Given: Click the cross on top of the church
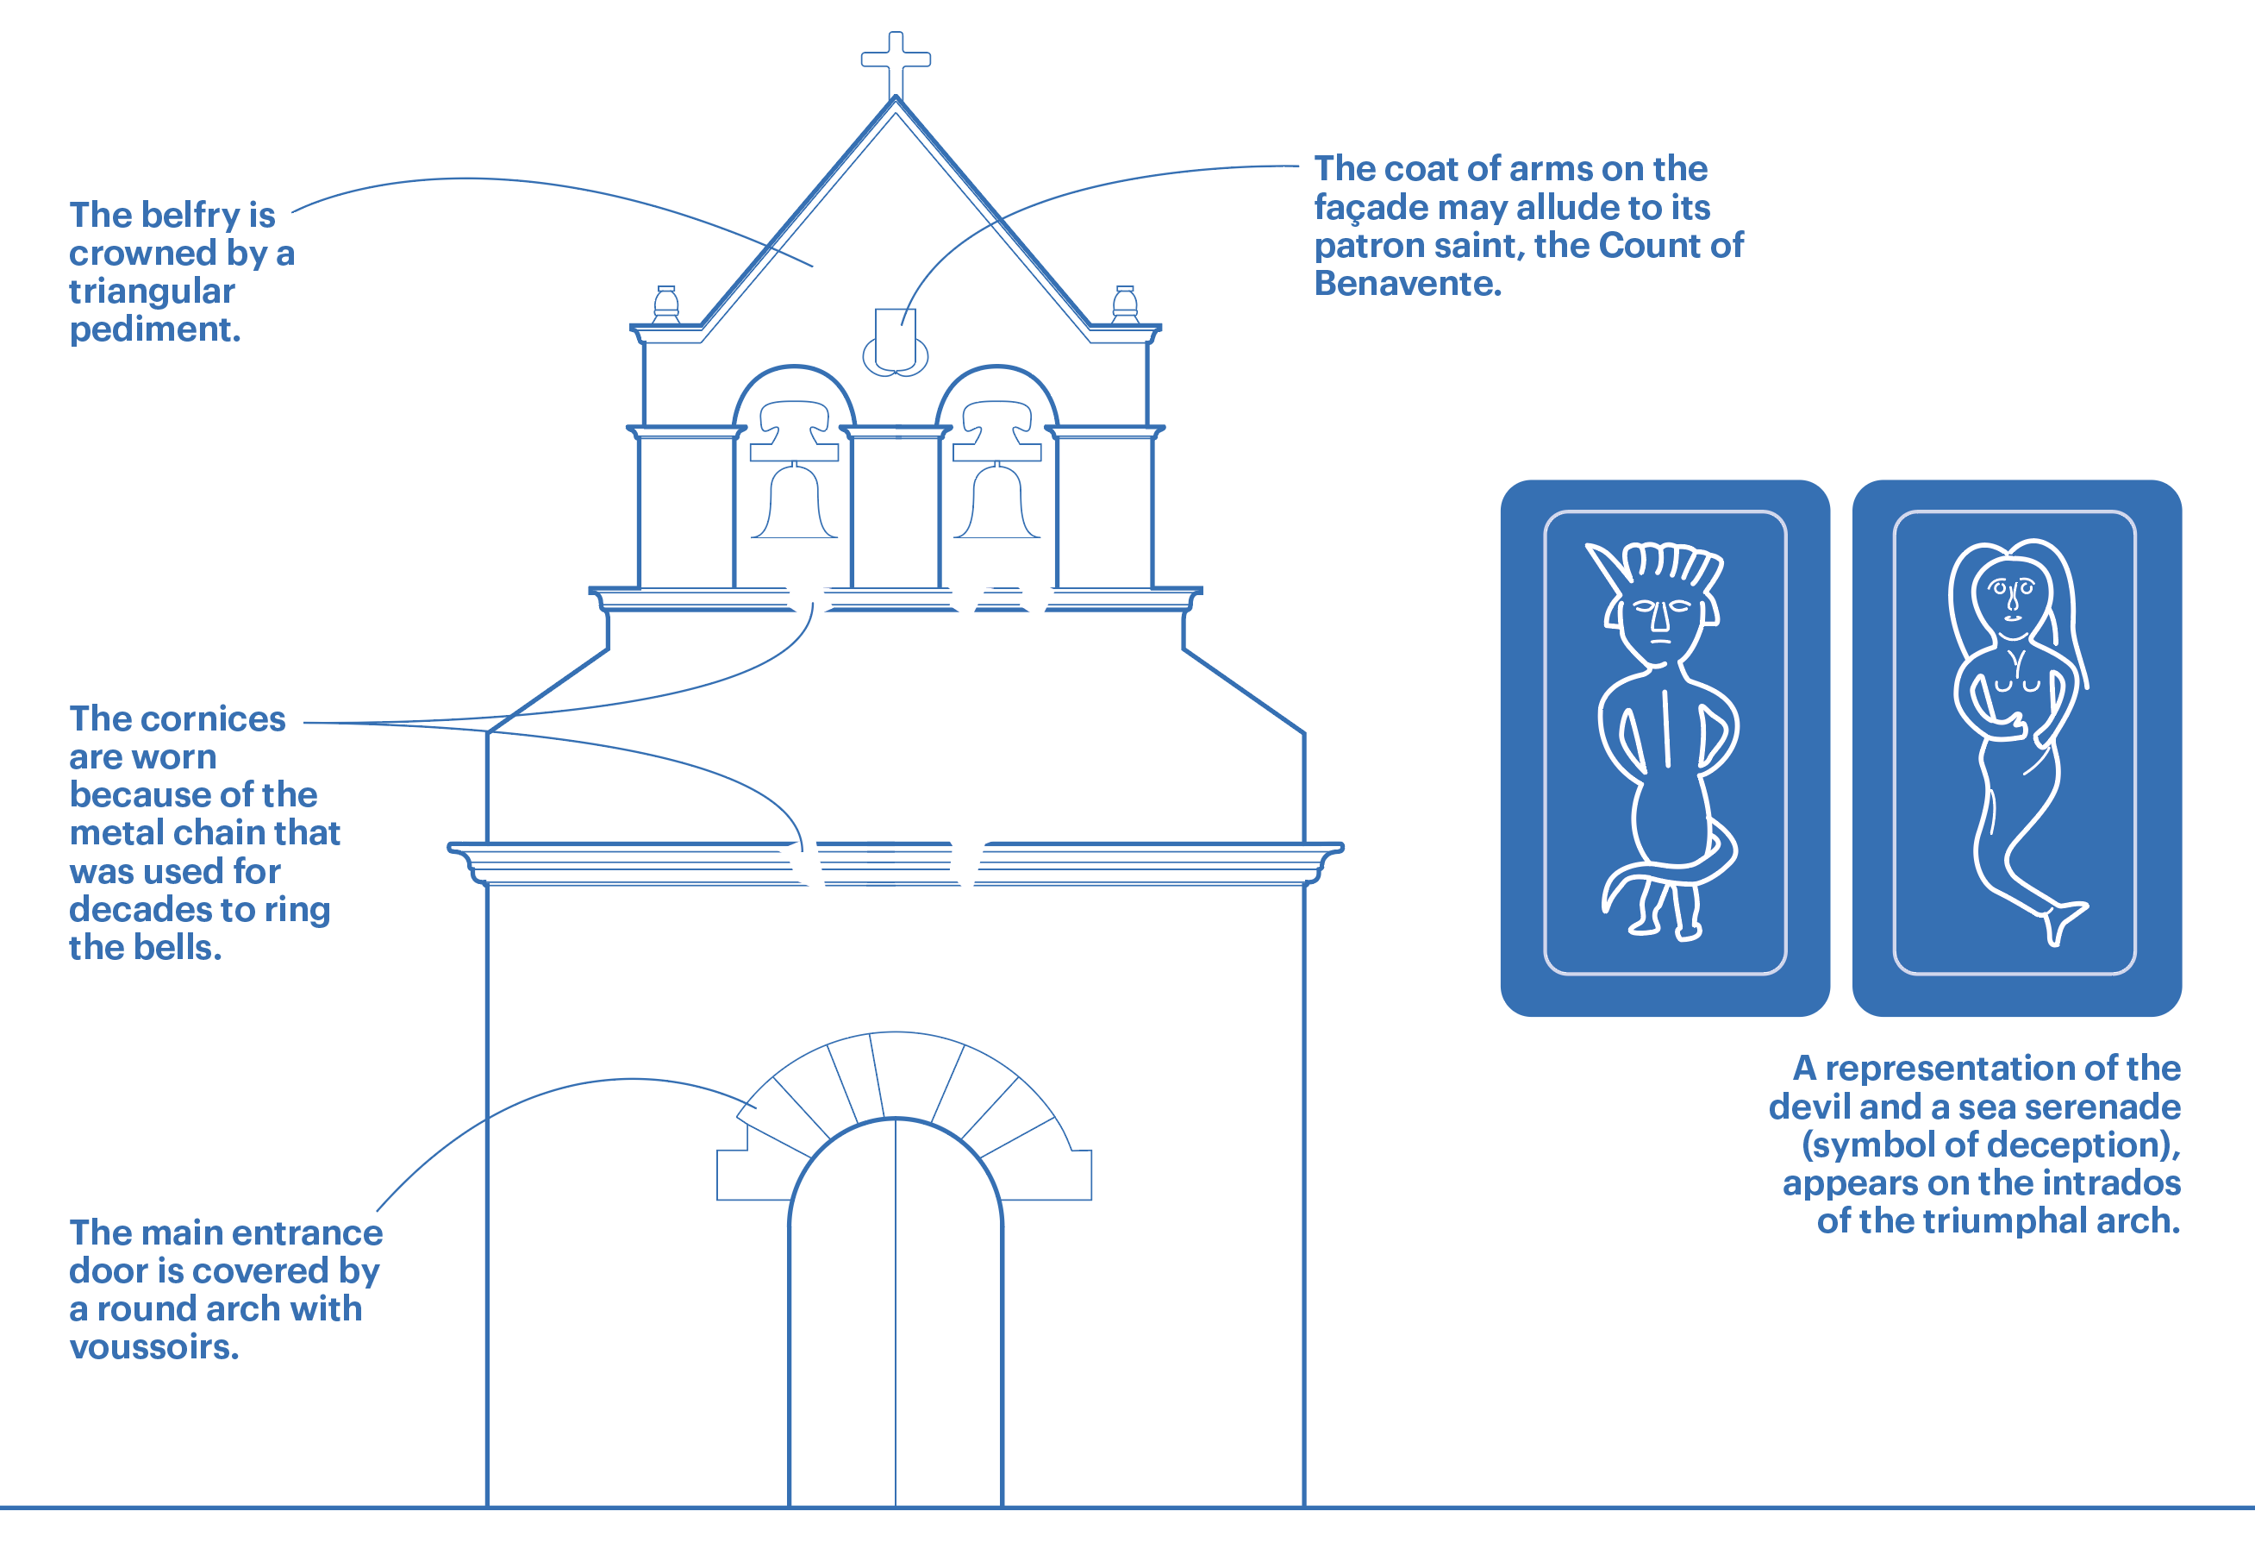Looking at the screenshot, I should click(896, 60).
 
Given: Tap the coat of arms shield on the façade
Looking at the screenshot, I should click(895, 342).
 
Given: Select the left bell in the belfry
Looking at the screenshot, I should click(794, 503).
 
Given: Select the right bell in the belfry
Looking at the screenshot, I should click(996, 503).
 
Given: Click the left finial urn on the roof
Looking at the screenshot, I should click(666, 304).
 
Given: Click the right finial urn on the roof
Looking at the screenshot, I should click(1125, 304).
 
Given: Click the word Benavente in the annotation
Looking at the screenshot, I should click(1407, 285).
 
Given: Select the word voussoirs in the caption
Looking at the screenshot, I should click(153, 1347).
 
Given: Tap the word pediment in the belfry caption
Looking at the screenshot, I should click(154, 330).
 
